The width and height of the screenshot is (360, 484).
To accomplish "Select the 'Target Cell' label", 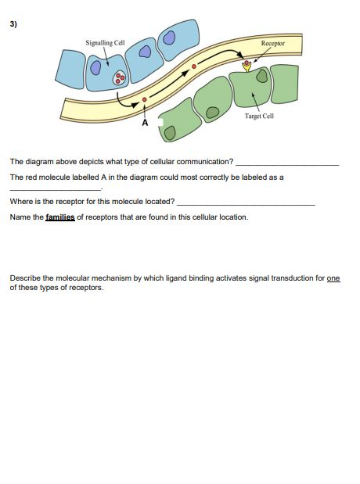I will point(258,117).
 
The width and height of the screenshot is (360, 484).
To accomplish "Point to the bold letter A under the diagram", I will point(144,124).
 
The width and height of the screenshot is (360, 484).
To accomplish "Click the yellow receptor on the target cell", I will point(248,66).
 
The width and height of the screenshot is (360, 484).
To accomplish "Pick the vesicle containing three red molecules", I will point(119,78).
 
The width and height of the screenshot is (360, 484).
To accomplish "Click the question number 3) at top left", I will point(13,23).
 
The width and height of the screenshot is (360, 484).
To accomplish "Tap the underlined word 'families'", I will point(59,217).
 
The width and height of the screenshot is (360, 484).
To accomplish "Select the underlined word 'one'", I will point(333,278).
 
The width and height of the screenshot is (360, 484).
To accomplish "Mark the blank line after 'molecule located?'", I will point(246,203).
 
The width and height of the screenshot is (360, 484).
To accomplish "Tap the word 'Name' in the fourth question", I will point(19,217).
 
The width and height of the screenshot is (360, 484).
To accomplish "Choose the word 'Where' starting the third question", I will point(20,201).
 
